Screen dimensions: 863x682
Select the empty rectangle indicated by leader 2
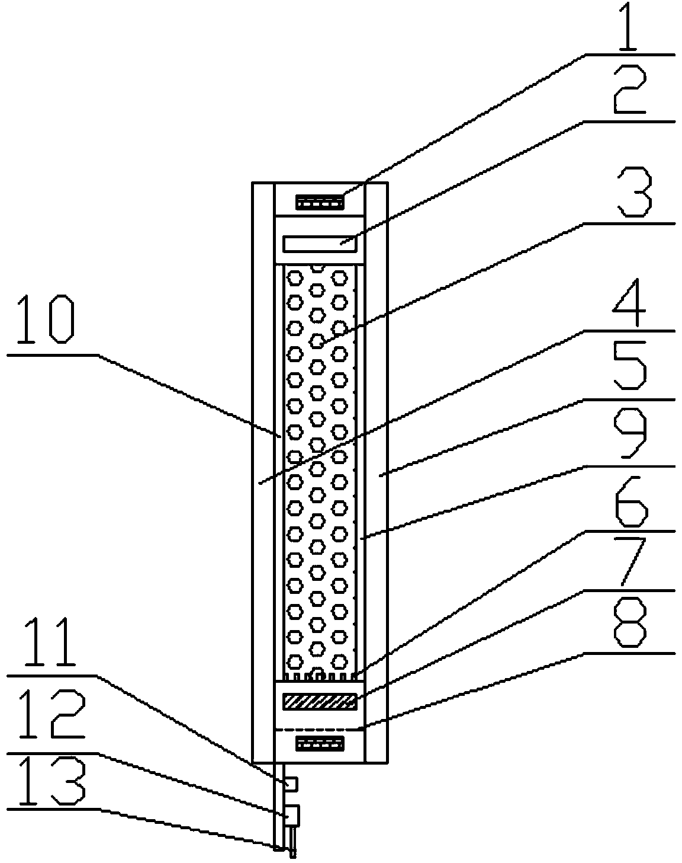[320, 244]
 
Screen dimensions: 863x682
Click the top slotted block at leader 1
[320, 204]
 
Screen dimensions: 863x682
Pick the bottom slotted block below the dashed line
[320, 742]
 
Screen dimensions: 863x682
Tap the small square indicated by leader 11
[291, 784]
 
